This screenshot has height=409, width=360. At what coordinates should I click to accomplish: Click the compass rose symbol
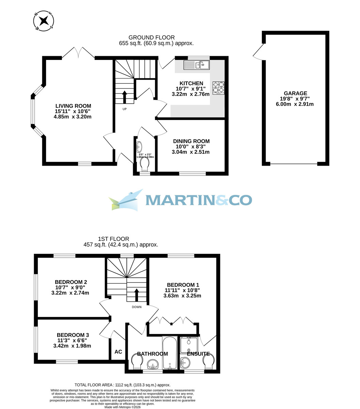click(x=44, y=21)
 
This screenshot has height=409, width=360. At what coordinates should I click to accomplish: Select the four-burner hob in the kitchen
click(x=219, y=88)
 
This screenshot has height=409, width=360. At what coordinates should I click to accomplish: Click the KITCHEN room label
click(x=191, y=84)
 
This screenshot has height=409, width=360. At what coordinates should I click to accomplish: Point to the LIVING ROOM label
click(x=73, y=106)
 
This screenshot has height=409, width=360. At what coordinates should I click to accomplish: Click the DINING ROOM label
click(x=191, y=141)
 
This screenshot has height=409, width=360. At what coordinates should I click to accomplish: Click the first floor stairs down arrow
click(x=137, y=295)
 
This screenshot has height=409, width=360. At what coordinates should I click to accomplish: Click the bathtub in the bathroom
click(x=169, y=353)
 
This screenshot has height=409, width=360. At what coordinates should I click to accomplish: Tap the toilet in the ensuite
click(x=208, y=361)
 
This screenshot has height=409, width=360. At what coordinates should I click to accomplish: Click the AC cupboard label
click(x=118, y=352)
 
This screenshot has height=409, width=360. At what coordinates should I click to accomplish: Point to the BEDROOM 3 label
click(x=73, y=335)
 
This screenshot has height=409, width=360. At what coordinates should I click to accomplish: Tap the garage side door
click(x=258, y=52)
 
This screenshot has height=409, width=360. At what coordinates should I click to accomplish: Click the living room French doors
click(x=78, y=53)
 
